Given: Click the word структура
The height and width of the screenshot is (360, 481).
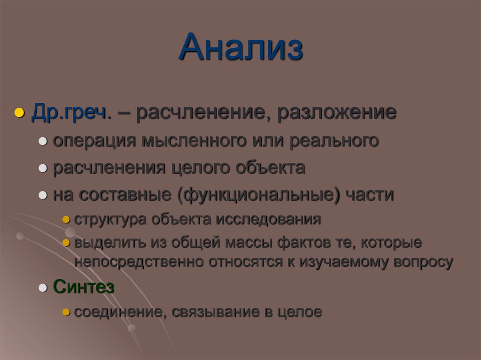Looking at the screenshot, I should (110, 219).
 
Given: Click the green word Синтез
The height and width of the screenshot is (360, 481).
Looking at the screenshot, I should (84, 287).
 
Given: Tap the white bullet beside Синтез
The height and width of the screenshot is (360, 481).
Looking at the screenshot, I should (43, 288).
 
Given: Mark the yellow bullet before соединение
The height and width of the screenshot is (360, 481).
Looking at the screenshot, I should (66, 313).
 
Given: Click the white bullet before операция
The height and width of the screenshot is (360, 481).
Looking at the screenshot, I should (43, 142).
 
